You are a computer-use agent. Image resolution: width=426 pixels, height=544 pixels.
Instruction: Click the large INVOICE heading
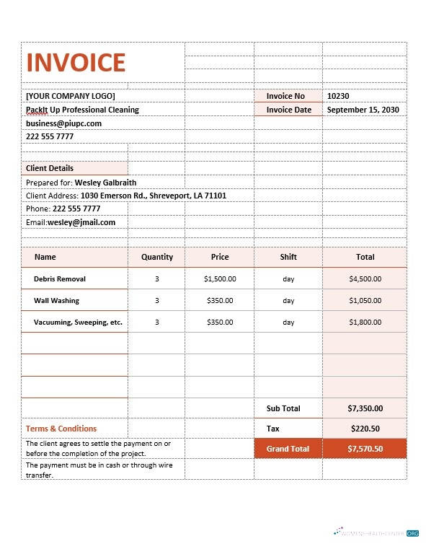76,63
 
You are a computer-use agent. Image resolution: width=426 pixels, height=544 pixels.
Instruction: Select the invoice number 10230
338,96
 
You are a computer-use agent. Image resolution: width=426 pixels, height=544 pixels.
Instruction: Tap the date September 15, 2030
363,110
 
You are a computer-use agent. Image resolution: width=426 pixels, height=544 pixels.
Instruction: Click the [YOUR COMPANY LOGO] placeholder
71,96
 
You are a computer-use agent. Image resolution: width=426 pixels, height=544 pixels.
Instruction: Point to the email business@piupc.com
64,123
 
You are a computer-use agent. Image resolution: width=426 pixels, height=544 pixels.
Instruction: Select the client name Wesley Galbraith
105,183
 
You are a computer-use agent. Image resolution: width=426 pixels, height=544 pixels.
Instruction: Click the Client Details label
50,168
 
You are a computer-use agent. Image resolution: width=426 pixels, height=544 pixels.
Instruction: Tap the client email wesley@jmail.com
81,222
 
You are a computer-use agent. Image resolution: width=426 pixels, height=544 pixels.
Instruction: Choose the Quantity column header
157,257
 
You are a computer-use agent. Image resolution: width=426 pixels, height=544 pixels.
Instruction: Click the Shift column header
288,257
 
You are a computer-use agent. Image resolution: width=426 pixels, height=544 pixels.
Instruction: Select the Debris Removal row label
60,278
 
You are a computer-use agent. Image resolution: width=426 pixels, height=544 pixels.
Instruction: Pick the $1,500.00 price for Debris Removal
220,278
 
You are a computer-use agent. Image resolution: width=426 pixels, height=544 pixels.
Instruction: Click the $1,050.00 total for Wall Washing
365,300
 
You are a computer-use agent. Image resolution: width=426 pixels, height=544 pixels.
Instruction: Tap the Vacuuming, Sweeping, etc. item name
78,323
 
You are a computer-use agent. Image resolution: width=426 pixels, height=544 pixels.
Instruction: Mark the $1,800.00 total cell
365,323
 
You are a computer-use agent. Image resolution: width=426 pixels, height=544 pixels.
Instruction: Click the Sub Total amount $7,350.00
365,408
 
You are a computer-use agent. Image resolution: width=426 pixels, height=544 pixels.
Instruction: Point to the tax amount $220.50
365,429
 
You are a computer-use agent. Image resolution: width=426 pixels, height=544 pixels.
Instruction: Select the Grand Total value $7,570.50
365,449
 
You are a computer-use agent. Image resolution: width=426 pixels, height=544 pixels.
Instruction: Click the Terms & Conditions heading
61,429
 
